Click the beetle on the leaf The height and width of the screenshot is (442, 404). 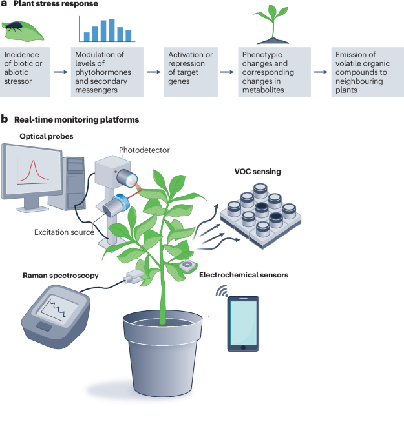14,28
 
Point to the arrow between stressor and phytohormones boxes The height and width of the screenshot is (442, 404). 59,72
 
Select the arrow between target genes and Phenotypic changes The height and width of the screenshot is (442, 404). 226,72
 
